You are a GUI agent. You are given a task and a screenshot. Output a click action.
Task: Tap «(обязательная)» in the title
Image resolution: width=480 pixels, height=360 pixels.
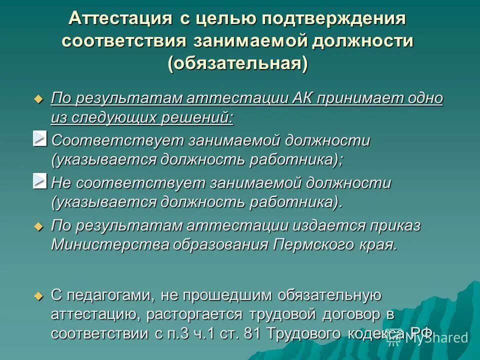pos(237,64)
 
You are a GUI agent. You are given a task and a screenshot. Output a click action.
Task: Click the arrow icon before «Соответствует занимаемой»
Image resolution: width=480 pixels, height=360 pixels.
pos(40,138)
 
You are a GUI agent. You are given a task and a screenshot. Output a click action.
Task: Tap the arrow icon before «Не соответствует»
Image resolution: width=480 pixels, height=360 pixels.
pos(40,181)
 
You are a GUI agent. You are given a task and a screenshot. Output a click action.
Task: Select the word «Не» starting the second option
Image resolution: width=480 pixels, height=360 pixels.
pos(60,183)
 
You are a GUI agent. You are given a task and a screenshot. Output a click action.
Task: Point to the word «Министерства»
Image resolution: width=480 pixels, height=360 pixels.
pos(109,244)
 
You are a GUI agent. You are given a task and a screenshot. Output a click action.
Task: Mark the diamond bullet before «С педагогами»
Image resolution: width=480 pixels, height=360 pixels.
pos(38,296)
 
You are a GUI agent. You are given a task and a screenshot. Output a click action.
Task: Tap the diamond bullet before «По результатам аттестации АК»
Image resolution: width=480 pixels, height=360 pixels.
pos(38,98)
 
